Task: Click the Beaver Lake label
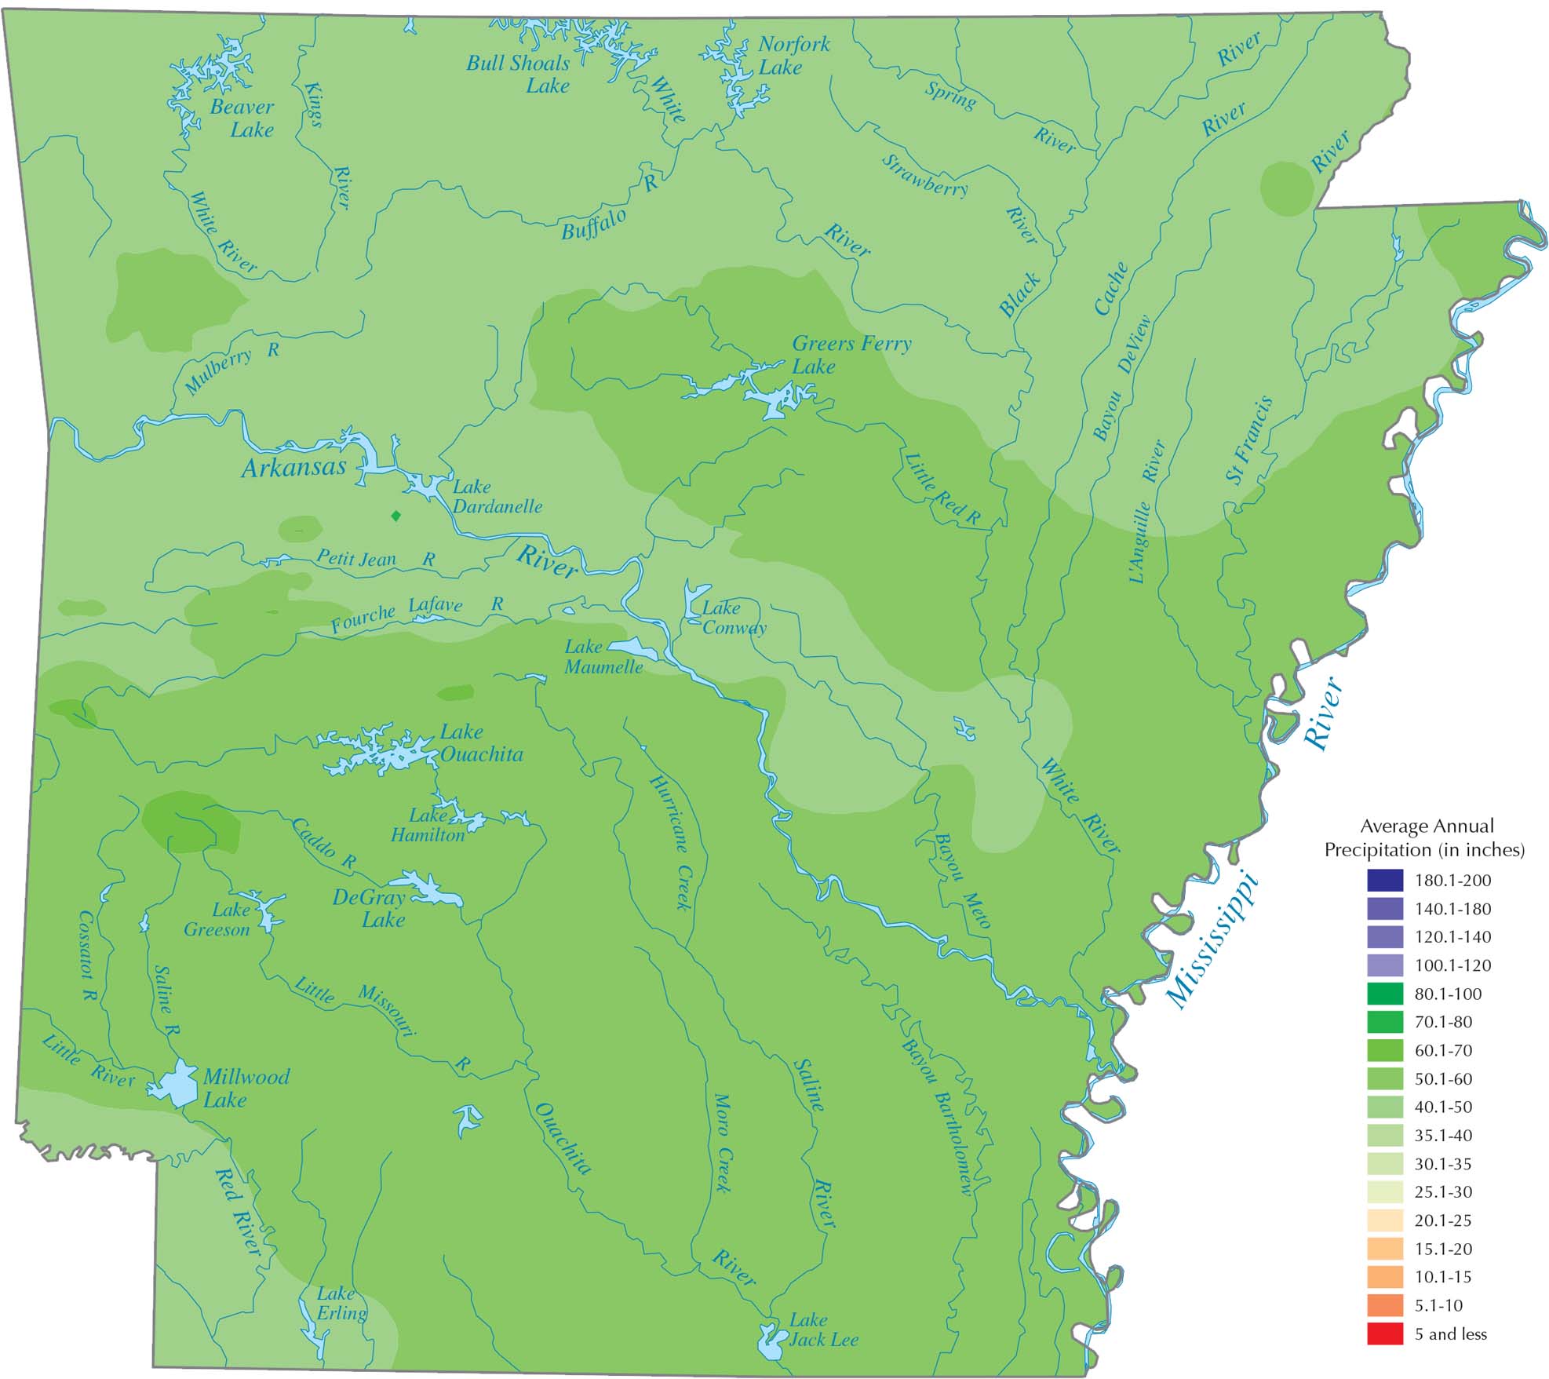coord(242,119)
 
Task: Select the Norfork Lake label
coord(793,56)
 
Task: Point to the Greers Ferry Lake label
coord(851,355)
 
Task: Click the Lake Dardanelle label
coord(496,497)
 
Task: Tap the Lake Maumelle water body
coord(634,649)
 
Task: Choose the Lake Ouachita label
coord(480,743)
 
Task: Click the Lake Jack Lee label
coord(822,1330)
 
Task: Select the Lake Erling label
coord(341,1304)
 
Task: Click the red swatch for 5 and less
coord(1384,1334)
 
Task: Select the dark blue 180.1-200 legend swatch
coord(1384,880)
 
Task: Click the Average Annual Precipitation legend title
coord(1424,837)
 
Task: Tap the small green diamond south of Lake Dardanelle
coord(396,516)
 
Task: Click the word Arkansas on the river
coord(293,469)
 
